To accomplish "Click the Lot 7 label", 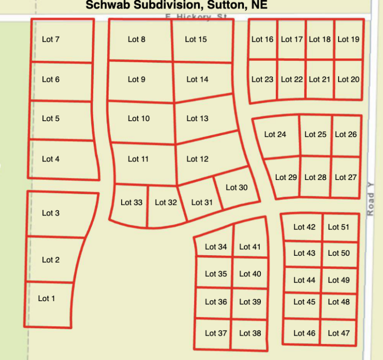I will tap(51, 39).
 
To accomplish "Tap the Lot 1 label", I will tap(46, 298).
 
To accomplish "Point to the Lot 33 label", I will tap(131, 202).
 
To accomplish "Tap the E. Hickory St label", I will tap(196, 17).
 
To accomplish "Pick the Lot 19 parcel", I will tap(348, 39).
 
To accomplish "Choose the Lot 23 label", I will tap(262, 79).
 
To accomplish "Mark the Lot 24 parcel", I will tap(276, 136).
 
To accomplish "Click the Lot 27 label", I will tap(346, 177).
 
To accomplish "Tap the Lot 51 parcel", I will tap(339, 227).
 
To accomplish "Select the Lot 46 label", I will tap(304, 333).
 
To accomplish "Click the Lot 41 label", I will tap(250, 247).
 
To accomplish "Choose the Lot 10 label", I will tap(139, 118).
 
